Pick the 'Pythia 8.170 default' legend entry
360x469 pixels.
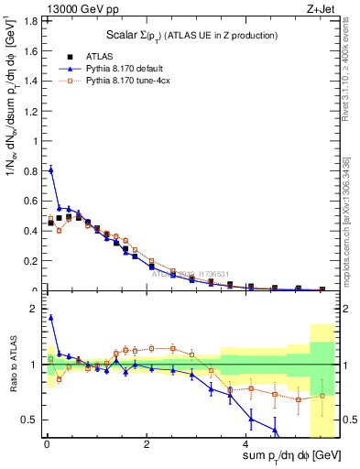tap(132, 68)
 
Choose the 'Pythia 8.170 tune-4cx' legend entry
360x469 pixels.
tap(135, 80)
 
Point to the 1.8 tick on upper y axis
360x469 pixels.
tap(33, 21)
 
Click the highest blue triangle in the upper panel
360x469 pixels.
tap(50, 169)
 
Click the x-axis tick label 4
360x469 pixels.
tap(247, 445)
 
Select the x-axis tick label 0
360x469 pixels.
tap(46, 445)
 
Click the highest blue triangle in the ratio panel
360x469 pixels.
tap(50, 318)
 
